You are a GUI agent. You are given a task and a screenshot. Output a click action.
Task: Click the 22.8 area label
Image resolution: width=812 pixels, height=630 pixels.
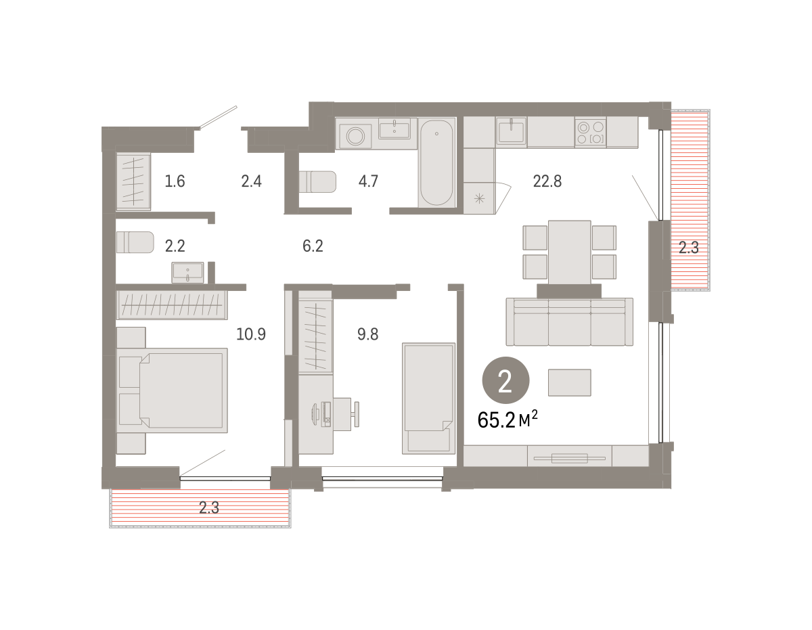pyautogui.click(x=547, y=181)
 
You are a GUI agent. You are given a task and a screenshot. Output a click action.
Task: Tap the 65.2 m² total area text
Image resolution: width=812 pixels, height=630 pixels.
pyautogui.click(x=507, y=420)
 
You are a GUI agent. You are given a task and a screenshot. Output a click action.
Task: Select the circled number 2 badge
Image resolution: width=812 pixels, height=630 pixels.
pyautogui.click(x=505, y=380)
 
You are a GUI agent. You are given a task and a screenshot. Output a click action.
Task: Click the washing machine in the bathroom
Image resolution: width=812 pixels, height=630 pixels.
pyautogui.click(x=355, y=135)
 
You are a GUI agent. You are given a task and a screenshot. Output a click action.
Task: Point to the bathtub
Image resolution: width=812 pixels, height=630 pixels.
pyautogui.click(x=436, y=162)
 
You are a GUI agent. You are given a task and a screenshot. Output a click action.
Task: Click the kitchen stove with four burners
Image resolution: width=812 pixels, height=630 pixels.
pyautogui.click(x=591, y=133)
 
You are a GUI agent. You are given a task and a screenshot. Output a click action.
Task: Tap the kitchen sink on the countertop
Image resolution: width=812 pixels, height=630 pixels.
pyautogui.click(x=511, y=131)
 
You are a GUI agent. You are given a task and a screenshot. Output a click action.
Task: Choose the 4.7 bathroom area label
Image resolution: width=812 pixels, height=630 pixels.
pyautogui.click(x=368, y=181)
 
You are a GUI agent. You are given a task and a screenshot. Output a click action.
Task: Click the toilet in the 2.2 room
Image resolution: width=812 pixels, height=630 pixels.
pyautogui.click(x=135, y=242)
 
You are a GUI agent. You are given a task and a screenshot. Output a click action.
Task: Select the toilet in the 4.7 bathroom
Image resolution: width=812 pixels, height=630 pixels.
pyautogui.click(x=317, y=182)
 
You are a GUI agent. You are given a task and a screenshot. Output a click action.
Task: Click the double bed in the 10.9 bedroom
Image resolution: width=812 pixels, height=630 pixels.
pyautogui.click(x=172, y=390)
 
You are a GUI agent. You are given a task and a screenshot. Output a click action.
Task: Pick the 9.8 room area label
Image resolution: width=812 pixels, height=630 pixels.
pyautogui.click(x=367, y=334)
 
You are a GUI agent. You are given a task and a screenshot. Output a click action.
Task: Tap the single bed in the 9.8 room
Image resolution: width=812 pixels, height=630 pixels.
pyautogui.click(x=428, y=399)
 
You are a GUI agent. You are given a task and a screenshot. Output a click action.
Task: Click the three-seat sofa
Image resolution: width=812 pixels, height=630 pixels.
pyautogui.click(x=570, y=321)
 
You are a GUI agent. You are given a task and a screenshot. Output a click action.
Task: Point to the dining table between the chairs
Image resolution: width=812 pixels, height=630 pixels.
pyautogui.click(x=570, y=252)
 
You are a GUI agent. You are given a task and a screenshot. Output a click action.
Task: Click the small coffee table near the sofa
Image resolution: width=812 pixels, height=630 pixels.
pyautogui.click(x=570, y=382)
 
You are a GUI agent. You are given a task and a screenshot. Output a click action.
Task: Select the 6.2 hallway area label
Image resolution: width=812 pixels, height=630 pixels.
pyautogui.click(x=313, y=246)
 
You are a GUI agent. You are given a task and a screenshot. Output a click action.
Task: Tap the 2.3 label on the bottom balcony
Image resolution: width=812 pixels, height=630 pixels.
pyautogui.click(x=209, y=508)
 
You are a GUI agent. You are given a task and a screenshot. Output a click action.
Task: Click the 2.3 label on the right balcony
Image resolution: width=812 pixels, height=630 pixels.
pyautogui.click(x=689, y=248)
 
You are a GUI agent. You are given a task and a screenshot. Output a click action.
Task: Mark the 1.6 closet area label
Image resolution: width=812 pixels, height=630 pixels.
pyautogui.click(x=175, y=181)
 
